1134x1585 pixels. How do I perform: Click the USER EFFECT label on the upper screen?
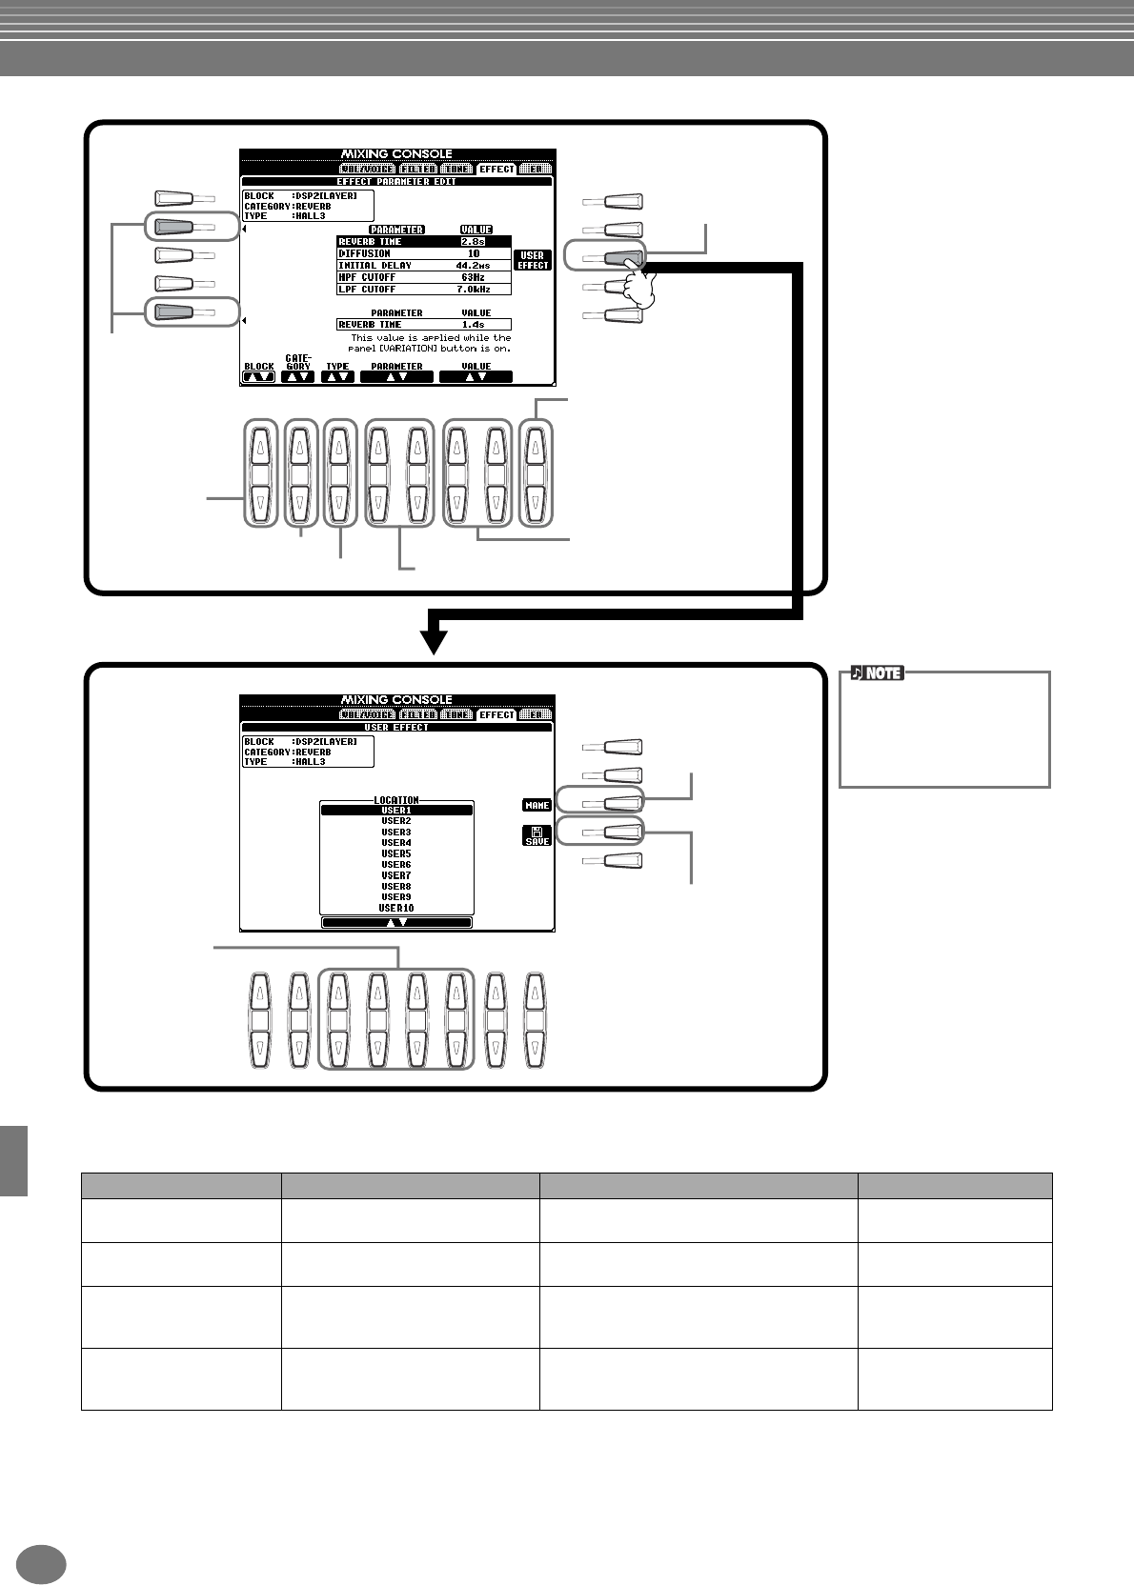click(x=533, y=260)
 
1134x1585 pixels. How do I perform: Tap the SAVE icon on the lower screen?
click(x=537, y=835)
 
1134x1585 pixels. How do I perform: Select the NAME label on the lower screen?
click(x=537, y=805)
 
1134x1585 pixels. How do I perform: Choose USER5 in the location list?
click(x=396, y=853)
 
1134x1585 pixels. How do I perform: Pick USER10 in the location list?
click(x=396, y=908)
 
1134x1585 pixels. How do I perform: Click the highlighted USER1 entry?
click(x=396, y=811)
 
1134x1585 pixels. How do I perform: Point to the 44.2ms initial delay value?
click(x=474, y=266)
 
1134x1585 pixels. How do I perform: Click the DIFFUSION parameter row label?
click(x=365, y=253)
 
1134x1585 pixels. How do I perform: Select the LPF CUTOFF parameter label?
click(x=367, y=289)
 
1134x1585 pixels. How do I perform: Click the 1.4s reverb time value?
click(x=474, y=325)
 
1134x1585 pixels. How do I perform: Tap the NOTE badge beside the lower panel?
click(x=877, y=673)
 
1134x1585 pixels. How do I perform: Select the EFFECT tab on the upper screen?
click(x=496, y=169)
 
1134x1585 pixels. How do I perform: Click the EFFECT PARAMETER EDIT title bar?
click(x=396, y=181)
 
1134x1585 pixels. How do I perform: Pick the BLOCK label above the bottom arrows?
click(x=258, y=366)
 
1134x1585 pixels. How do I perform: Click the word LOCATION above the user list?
click(x=396, y=800)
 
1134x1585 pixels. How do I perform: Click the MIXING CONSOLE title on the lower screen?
click(x=396, y=700)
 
